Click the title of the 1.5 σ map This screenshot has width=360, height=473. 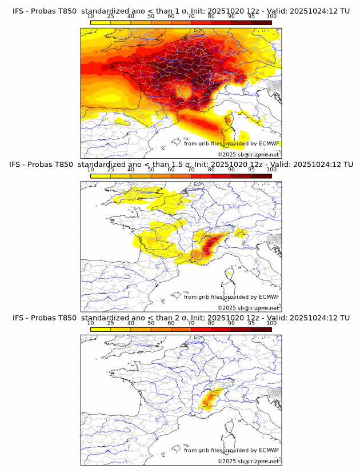(180, 165)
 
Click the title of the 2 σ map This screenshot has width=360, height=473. (180, 318)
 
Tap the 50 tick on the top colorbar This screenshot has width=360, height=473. (151, 17)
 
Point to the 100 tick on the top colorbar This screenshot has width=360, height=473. (271, 17)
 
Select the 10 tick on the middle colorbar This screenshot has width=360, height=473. (91, 170)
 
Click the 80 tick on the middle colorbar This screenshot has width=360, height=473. (211, 170)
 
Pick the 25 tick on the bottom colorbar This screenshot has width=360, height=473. (111, 323)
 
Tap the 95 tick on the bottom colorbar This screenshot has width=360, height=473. (251, 323)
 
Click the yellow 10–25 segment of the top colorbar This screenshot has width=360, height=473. (101, 22)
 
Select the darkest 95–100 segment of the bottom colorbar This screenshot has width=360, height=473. (262, 329)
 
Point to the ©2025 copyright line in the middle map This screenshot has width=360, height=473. (248, 307)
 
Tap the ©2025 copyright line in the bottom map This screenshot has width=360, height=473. (248, 460)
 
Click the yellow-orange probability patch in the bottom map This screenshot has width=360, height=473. (209, 398)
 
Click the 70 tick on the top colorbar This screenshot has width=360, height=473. (191, 17)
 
